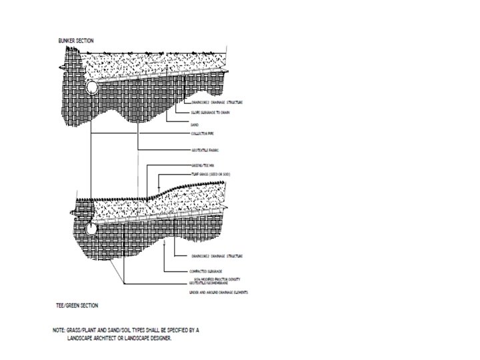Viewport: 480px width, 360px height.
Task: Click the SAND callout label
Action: (x=194, y=124)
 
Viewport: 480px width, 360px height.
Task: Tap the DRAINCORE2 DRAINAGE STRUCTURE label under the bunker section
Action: (x=215, y=103)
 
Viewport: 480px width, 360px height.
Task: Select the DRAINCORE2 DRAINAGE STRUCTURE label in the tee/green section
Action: (x=215, y=255)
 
